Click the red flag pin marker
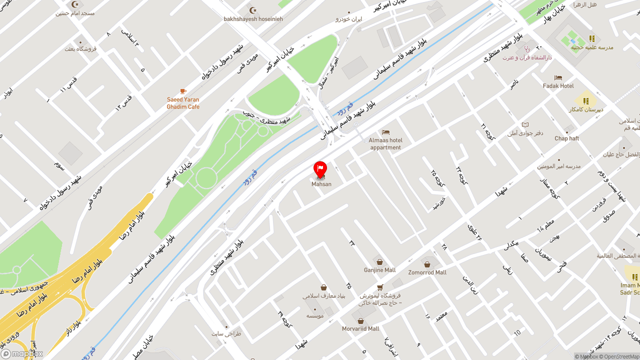click(320, 169)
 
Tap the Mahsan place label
click(321, 184)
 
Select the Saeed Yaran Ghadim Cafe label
click(183, 103)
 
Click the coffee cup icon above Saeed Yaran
click(183, 91)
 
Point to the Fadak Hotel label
click(558, 86)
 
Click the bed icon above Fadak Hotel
click(558, 77)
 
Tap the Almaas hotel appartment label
click(385, 144)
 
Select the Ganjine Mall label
click(379, 270)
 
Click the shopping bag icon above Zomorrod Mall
click(427, 264)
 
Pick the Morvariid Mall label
click(360, 329)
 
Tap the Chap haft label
click(566, 138)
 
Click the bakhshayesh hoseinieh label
click(253, 19)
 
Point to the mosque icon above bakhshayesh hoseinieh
click(253, 10)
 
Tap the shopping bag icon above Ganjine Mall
click(379, 262)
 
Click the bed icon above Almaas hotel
click(385, 132)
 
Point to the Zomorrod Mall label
click(427, 272)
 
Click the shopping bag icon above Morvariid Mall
click(360, 320)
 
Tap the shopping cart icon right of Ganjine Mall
click(380, 287)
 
